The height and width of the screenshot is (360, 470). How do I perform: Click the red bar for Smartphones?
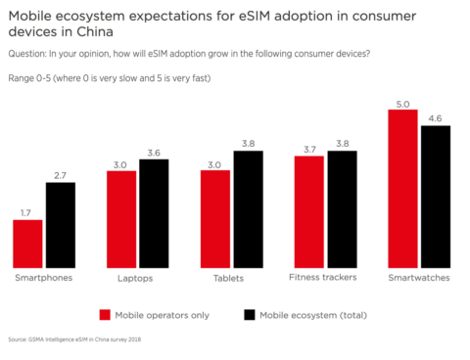[x=27, y=243]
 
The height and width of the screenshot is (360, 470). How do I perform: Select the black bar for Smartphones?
[x=60, y=224]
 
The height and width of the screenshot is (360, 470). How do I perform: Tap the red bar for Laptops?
[x=121, y=218]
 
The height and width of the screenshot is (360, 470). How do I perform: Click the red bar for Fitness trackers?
[x=309, y=210]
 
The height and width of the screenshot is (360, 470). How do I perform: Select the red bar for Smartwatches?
[x=403, y=188]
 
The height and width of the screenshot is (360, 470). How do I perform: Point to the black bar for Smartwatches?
[x=436, y=196]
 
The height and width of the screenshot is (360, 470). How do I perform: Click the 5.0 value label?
[x=403, y=102]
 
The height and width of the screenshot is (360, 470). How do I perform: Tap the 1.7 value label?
[x=27, y=211]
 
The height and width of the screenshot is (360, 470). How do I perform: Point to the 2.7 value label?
[x=60, y=174]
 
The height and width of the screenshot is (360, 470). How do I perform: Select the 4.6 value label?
[x=436, y=117]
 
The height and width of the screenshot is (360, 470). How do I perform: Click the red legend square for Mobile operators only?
[x=105, y=315]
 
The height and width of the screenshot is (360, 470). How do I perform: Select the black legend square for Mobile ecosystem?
[x=248, y=315]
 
